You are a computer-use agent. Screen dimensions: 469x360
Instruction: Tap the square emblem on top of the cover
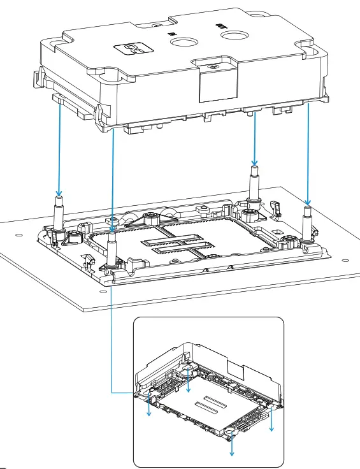[x=133, y=48]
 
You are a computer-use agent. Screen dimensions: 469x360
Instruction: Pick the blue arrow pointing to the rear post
[x=254, y=137]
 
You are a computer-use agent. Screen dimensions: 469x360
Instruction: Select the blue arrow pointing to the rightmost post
[x=308, y=153]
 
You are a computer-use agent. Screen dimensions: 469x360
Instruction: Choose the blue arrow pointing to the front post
[x=113, y=178]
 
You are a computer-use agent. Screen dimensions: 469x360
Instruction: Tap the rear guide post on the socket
[x=254, y=185]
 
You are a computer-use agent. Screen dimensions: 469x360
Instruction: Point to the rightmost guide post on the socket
[x=307, y=220]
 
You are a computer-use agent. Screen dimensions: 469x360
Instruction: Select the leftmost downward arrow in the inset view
[x=150, y=405]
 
